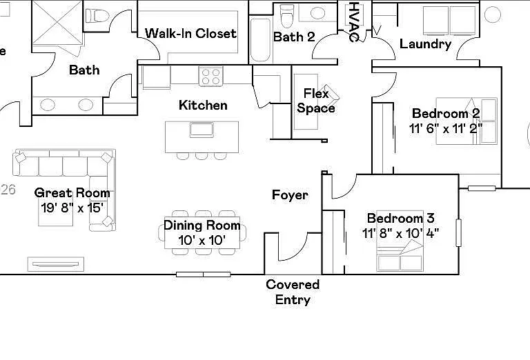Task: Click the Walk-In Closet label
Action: [190, 33]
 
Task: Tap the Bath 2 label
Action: [294, 37]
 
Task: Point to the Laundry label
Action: [425, 44]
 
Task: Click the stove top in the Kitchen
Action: [210, 76]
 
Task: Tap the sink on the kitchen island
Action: [202, 130]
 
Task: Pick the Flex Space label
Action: [316, 101]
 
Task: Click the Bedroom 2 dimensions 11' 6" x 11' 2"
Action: [446, 128]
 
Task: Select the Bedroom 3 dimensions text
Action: [400, 233]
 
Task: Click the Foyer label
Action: [290, 195]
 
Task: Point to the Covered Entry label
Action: [293, 292]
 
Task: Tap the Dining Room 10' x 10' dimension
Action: [202, 241]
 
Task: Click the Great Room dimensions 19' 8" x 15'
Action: [72, 208]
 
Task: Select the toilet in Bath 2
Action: [287, 16]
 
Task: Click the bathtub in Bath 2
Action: [261, 40]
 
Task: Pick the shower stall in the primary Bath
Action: [57, 22]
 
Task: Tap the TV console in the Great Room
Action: [56, 264]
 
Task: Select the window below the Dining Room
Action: [204, 274]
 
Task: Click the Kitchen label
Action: [203, 105]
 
